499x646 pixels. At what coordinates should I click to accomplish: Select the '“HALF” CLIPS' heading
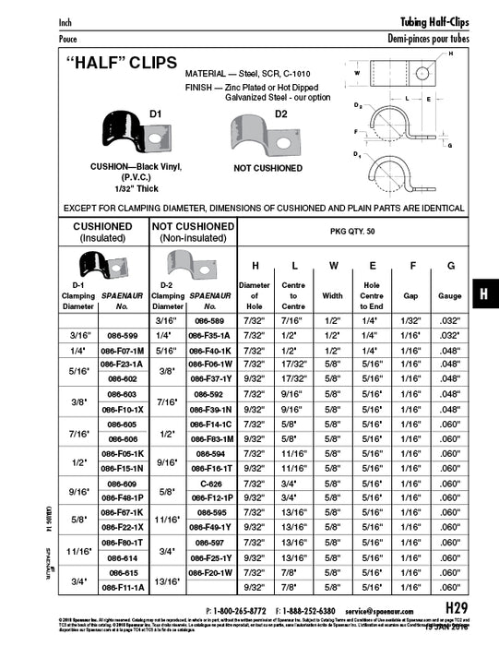point(113,69)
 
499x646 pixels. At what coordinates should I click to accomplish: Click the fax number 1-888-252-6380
point(310,611)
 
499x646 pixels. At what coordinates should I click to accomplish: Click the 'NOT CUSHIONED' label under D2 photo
point(243,169)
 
